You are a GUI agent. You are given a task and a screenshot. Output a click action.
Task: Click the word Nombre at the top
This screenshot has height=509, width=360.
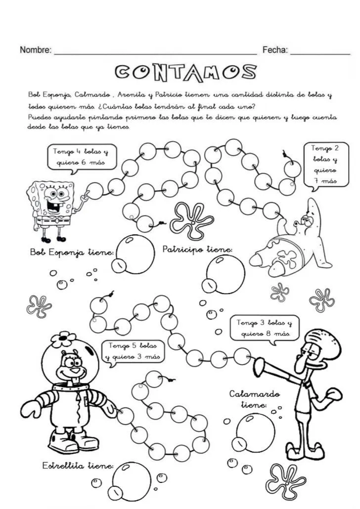tap(35, 50)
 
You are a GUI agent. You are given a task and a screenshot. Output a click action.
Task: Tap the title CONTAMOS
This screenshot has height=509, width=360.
tap(186, 73)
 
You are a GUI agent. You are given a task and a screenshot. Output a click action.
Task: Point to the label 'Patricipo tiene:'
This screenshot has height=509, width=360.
tap(197, 250)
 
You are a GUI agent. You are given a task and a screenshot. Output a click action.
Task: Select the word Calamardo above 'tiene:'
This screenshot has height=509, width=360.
tap(255, 394)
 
